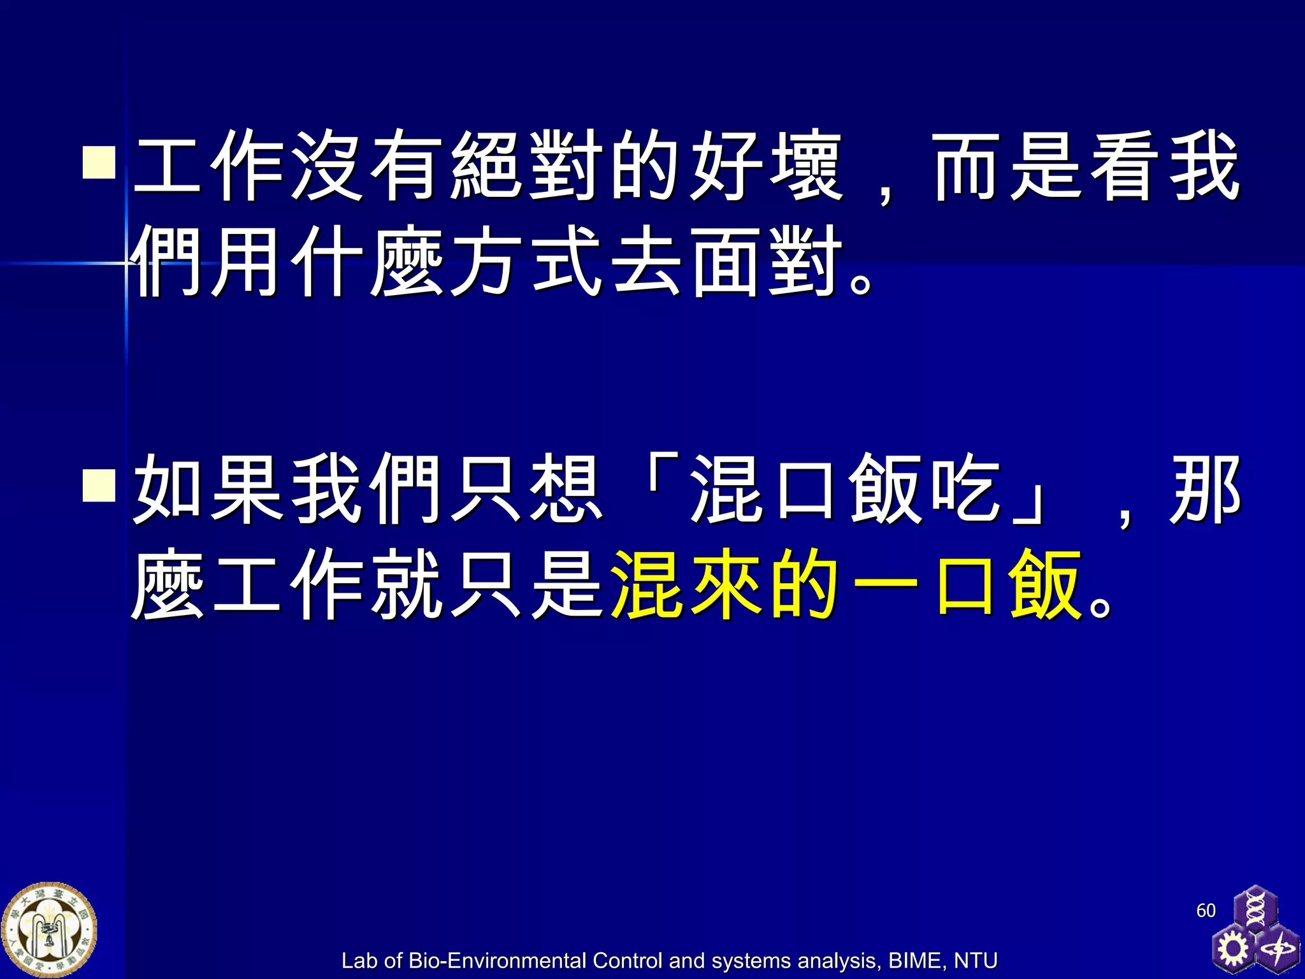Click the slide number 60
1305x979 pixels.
pyautogui.click(x=1206, y=910)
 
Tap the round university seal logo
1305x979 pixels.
pyautogui.click(x=49, y=930)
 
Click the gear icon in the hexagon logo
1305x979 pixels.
pyautogui.click(x=1233, y=948)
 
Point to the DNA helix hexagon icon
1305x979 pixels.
pyautogui.click(x=1255, y=909)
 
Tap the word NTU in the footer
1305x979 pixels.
pyautogui.click(x=976, y=961)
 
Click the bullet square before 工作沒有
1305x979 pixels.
pyautogui.click(x=99, y=163)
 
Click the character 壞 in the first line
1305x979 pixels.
pyautogui.click(x=806, y=166)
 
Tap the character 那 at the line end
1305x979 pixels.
pyautogui.click(x=1204, y=488)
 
